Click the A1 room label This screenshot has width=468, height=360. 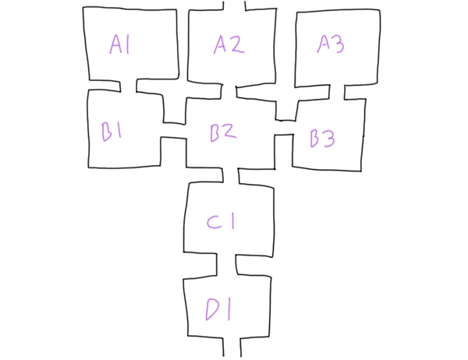coord(119,45)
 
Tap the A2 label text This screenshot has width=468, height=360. coord(229,44)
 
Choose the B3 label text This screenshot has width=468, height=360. coord(322,139)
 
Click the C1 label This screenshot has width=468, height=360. coord(221,222)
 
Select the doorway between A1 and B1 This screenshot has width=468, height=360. coord(128,85)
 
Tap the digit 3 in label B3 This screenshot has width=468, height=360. coord(328,139)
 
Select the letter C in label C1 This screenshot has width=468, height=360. coord(214,222)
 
